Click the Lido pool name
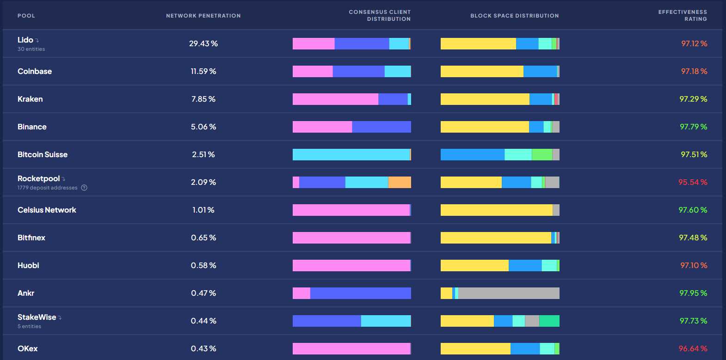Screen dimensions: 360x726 (x=25, y=40)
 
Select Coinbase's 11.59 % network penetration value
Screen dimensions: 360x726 (x=203, y=71)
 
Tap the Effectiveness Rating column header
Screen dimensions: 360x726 (x=683, y=15)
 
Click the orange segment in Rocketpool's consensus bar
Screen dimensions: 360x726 (x=400, y=182)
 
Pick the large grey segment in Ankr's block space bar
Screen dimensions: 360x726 (x=509, y=293)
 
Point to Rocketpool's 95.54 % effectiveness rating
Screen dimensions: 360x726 (x=693, y=182)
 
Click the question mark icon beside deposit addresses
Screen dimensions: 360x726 (x=84, y=188)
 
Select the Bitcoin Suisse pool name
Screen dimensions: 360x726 (x=43, y=154)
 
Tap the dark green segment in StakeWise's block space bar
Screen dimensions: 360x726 (x=549, y=321)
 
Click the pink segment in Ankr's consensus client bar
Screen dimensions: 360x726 (x=301, y=293)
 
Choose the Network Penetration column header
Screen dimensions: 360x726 (x=203, y=16)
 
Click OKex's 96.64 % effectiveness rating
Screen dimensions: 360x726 (x=693, y=348)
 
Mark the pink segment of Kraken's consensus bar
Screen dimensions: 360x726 (x=335, y=99)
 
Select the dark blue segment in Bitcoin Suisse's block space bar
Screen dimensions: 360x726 (x=472, y=154)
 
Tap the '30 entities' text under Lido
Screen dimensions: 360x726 (x=31, y=49)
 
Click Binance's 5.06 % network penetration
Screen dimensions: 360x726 (x=203, y=127)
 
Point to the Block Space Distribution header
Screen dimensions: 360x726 (x=514, y=16)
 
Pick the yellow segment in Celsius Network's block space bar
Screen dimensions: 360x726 (x=496, y=210)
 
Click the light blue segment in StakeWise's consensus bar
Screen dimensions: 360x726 (x=386, y=321)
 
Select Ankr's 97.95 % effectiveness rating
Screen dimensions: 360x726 (x=693, y=293)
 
